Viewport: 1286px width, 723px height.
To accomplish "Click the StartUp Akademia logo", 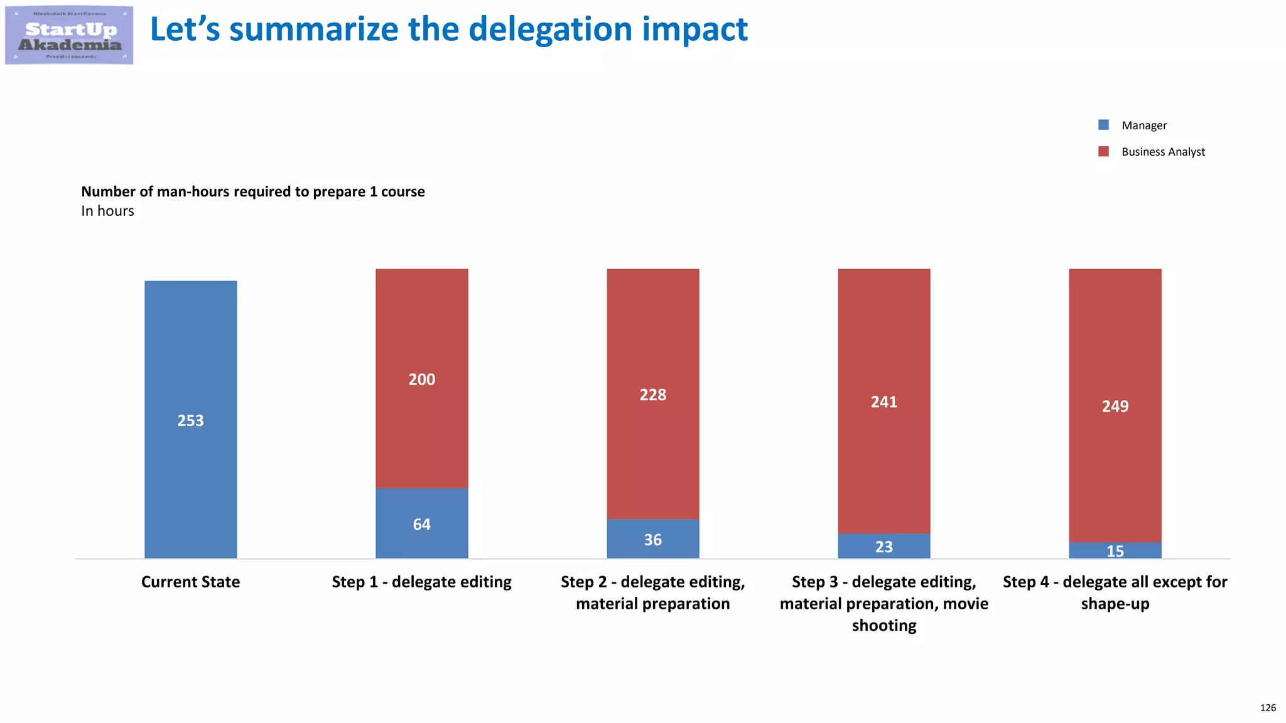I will click(x=69, y=35).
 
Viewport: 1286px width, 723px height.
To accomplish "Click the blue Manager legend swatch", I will click(x=1103, y=125).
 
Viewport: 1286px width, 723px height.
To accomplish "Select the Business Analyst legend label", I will click(x=1163, y=152).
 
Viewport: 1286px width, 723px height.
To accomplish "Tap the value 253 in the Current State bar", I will click(x=190, y=420).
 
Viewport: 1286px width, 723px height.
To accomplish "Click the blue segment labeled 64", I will click(x=421, y=523).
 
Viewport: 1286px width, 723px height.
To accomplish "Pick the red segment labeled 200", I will click(x=421, y=378).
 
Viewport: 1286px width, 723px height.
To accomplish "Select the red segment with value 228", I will click(x=652, y=394).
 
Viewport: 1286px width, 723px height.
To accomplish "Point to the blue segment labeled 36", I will click(x=652, y=539).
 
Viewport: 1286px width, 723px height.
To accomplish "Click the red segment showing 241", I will click(x=883, y=402).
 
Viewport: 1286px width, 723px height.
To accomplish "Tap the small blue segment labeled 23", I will click(x=883, y=547).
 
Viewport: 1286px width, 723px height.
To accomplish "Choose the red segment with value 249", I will click(x=1115, y=406).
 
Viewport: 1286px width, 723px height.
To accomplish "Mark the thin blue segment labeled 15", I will click(x=1115, y=550).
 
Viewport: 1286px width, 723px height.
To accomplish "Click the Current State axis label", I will click(x=190, y=582).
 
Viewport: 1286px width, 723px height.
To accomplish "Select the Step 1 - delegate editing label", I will click(x=421, y=582).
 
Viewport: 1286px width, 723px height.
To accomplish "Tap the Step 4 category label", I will click(x=1115, y=592).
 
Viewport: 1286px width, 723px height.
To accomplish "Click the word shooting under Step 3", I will click(x=883, y=626).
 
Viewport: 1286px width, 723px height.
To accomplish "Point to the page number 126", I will click(x=1267, y=708).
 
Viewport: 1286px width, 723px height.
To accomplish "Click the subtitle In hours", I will click(x=107, y=211).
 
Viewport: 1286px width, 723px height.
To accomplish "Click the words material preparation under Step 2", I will click(x=652, y=604).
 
